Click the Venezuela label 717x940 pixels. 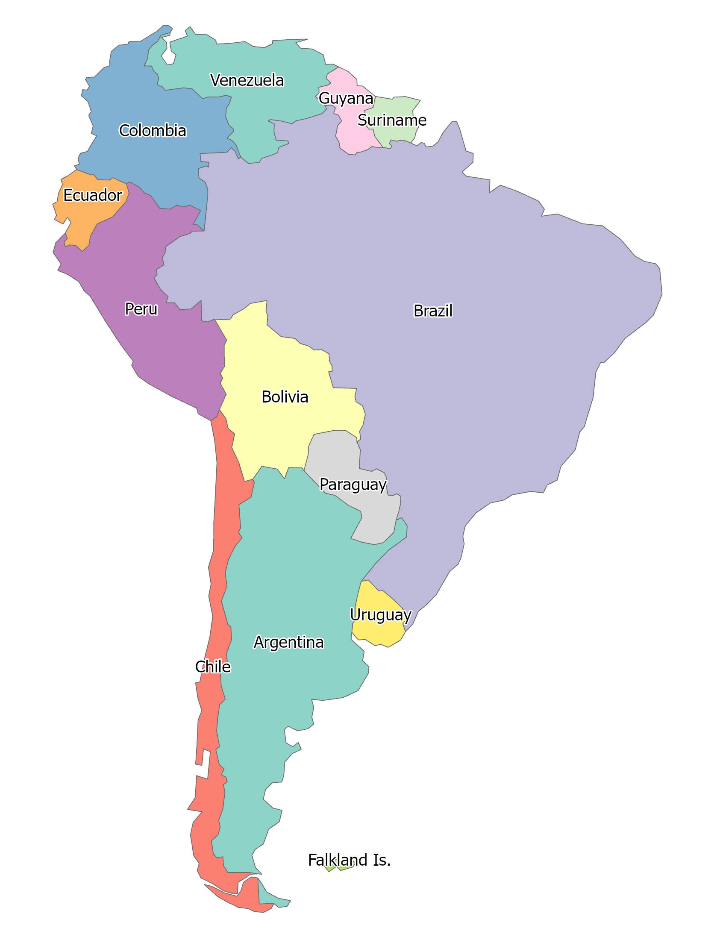tap(247, 80)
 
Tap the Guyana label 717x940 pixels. tap(346, 98)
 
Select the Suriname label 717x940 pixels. tap(392, 120)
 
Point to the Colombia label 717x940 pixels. tap(153, 130)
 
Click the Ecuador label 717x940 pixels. tap(93, 195)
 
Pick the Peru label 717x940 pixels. tap(141, 308)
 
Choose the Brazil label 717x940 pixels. tap(433, 311)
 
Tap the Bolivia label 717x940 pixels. tap(285, 397)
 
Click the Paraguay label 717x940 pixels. tap(353, 485)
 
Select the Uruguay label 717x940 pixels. tap(380, 615)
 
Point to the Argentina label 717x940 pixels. tap(288, 642)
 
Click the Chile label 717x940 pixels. tap(213, 667)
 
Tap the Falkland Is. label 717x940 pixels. tap(349, 860)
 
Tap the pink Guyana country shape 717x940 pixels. tap(353, 132)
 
